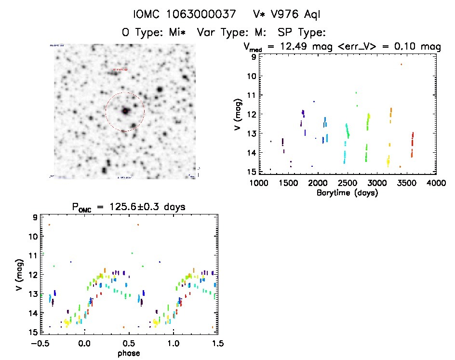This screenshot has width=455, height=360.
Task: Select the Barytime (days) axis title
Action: pyautogui.click(x=347, y=193)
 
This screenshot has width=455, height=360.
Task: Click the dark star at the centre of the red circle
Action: pyautogui.click(x=125, y=111)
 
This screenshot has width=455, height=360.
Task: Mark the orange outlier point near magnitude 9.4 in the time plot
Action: pyautogui.click(x=401, y=64)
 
